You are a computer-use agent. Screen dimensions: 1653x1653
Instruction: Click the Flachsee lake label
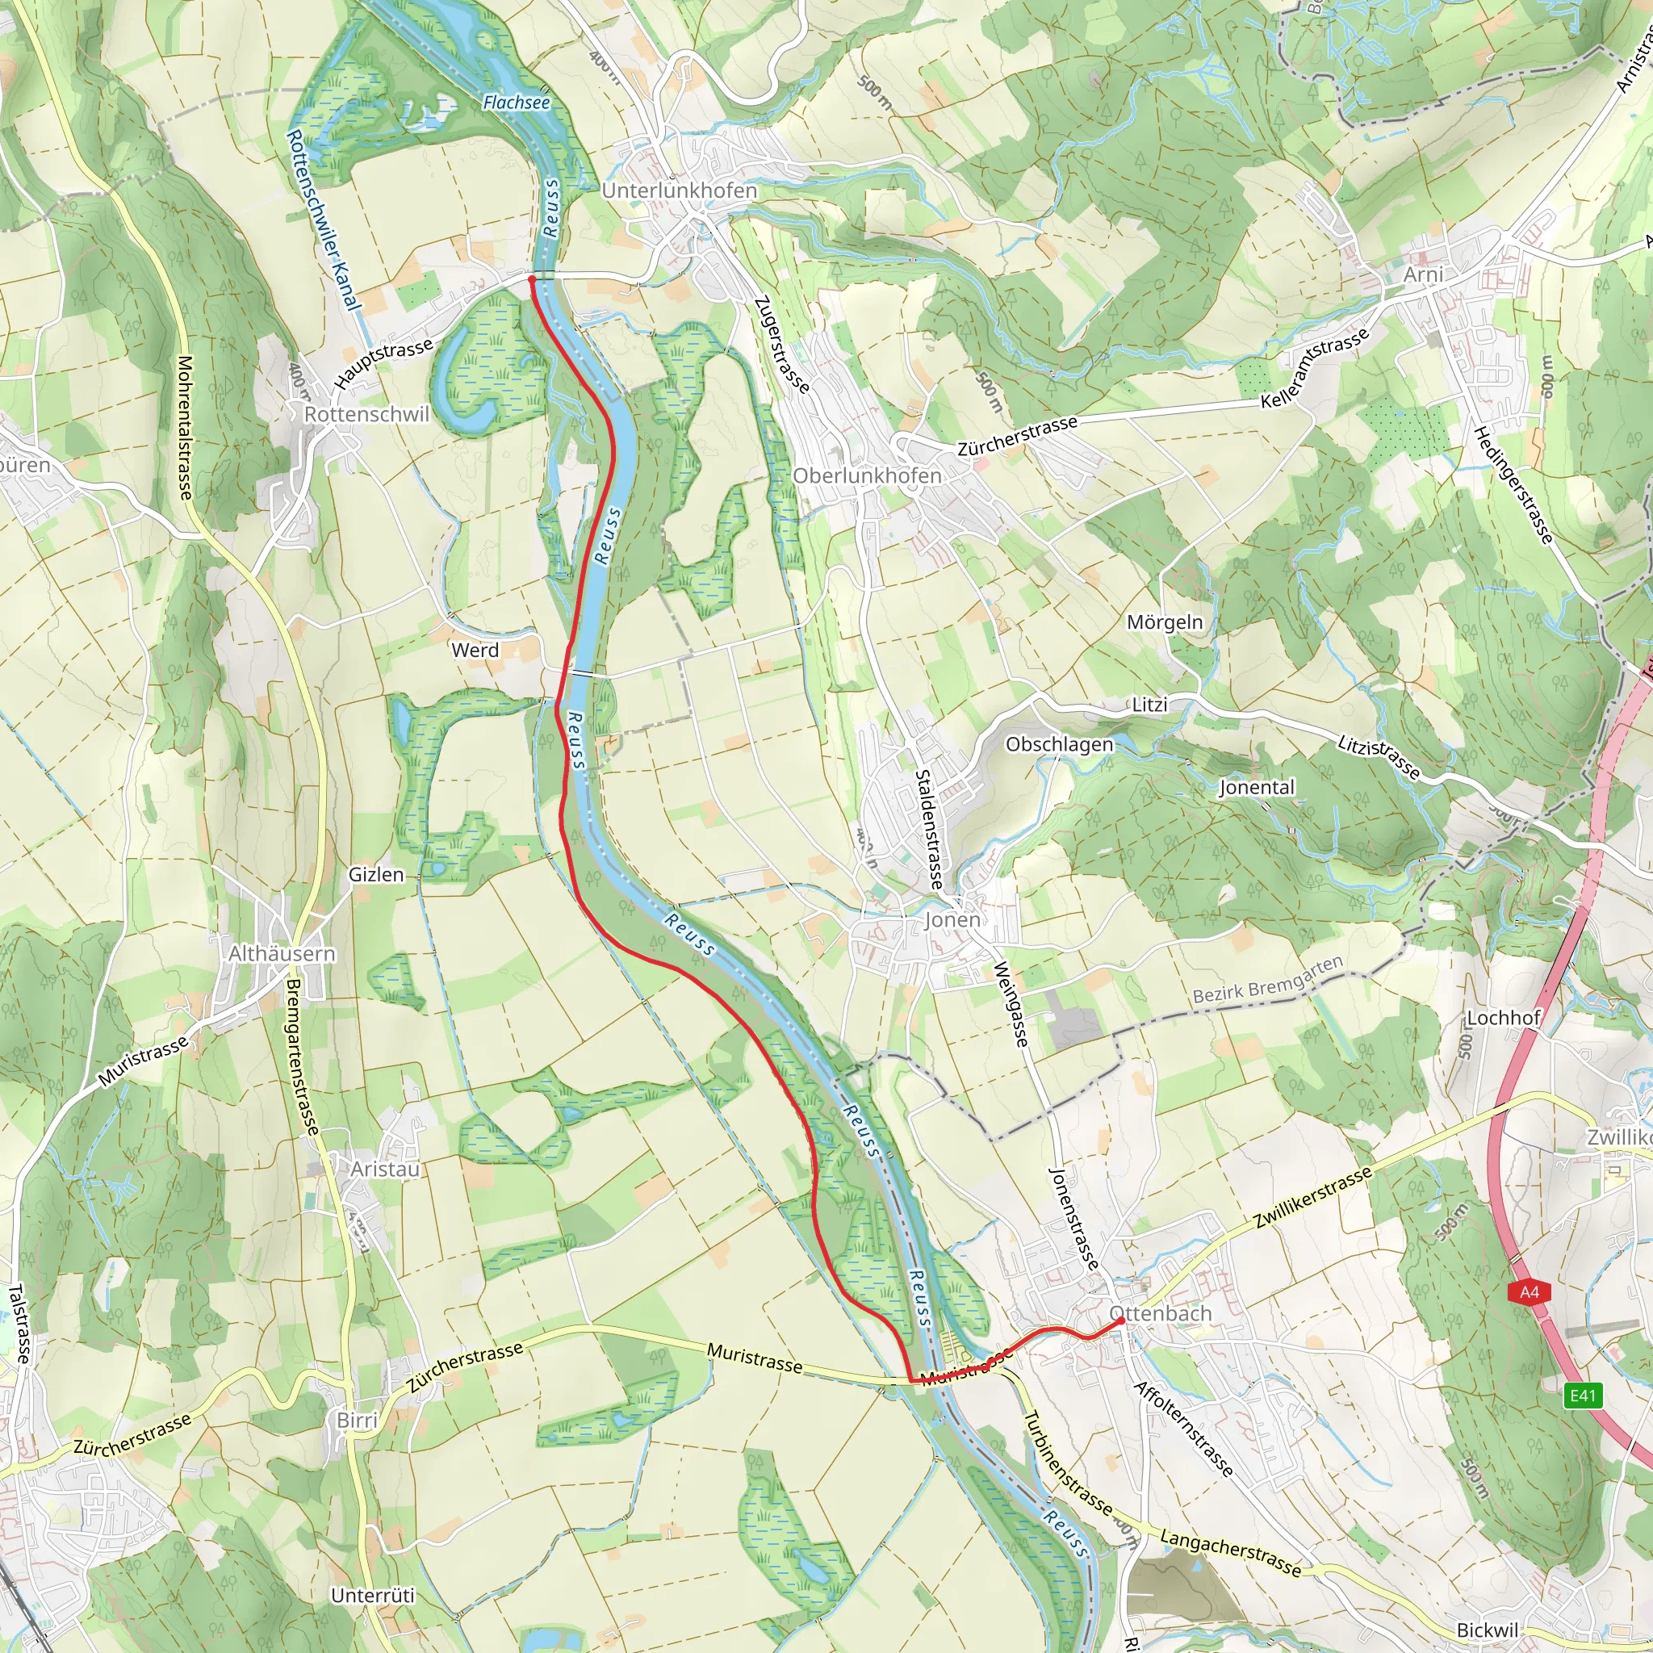(516, 103)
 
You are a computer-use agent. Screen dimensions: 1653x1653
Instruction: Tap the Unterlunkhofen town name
(680, 190)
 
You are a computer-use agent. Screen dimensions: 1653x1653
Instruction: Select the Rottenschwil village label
(366, 414)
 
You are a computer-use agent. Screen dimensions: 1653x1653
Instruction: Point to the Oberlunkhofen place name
(867, 475)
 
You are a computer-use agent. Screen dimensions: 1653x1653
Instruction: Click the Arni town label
(1424, 274)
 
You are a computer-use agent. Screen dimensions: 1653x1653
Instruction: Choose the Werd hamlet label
(475, 651)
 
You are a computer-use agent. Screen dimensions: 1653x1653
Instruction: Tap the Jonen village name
(952, 920)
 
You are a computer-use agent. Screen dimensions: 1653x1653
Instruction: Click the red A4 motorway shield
(1529, 1292)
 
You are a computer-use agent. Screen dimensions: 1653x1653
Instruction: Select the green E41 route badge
(1582, 1396)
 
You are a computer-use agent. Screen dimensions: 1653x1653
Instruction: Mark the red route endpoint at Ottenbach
(1121, 1321)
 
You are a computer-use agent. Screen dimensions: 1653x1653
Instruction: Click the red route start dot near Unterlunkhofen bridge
(531, 279)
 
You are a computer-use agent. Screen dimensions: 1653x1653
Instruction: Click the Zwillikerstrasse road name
(1312, 1198)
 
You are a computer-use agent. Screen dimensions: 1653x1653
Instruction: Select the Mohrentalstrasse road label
(184, 428)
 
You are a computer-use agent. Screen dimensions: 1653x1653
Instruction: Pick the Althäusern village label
(282, 953)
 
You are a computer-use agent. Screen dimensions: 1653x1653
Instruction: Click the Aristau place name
(385, 1169)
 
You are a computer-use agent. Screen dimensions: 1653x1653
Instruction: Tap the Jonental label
(1257, 787)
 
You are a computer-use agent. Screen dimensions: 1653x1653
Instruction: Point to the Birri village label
(357, 1421)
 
